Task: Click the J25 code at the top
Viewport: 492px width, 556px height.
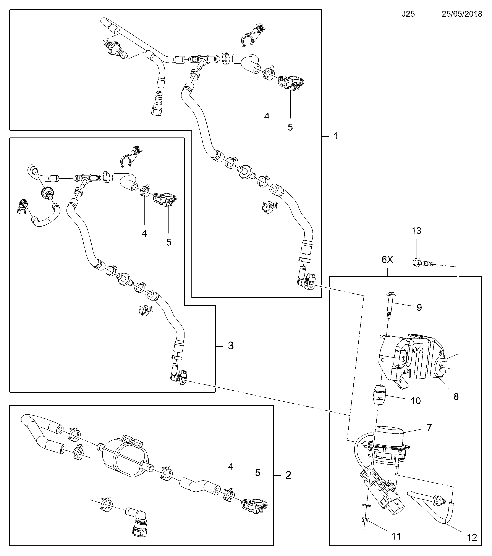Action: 408,14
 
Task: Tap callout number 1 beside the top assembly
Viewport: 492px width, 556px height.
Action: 336,136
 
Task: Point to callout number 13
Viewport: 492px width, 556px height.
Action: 416,231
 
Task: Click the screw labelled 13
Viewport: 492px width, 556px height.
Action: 422,263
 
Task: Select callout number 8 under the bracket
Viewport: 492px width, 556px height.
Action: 456,397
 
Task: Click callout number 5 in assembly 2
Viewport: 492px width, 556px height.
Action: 258,473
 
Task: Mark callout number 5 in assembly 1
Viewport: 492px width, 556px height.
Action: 290,127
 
